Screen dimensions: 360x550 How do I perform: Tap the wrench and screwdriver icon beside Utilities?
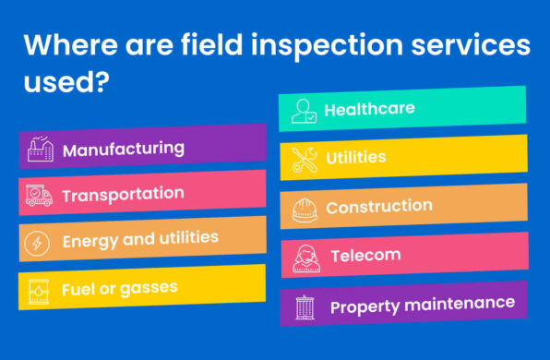tap(304, 160)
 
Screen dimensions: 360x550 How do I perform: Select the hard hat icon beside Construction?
tap(304, 210)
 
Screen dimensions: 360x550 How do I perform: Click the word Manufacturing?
tap(123, 149)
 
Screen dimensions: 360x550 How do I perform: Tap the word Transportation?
tap(123, 194)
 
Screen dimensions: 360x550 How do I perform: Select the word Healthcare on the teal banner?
tap(369, 109)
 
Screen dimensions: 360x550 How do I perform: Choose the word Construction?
tap(378, 207)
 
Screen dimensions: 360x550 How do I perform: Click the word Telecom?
tap(365, 255)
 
